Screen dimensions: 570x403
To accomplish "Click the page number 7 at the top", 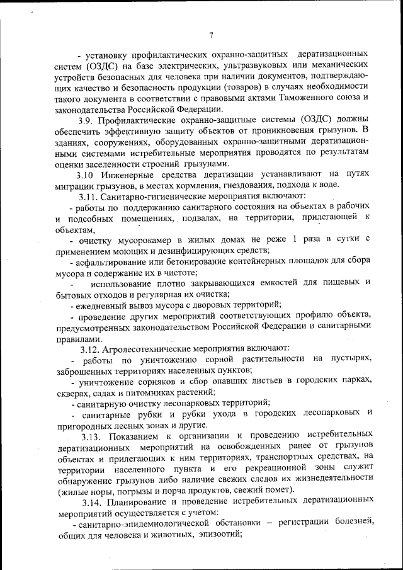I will click(x=212, y=35).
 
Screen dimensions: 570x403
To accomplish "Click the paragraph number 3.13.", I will click(x=92, y=435).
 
